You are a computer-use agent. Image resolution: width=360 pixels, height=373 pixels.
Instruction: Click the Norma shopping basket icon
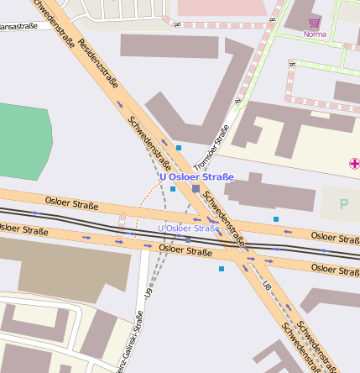point(315,23)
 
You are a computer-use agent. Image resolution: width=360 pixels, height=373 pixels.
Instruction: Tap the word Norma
point(315,34)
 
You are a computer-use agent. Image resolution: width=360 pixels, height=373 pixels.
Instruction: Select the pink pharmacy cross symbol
point(354,162)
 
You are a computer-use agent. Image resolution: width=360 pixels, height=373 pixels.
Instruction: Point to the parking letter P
point(343,204)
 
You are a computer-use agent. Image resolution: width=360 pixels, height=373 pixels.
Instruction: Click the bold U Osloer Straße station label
point(196,176)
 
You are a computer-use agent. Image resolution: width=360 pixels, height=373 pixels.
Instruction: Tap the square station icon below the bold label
point(196,190)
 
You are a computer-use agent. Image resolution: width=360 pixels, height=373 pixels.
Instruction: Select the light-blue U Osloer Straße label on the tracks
point(189,229)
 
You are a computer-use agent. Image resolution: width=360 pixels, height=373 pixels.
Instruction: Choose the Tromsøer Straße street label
point(211,144)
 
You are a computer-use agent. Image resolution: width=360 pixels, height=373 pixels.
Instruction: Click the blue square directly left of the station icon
point(173,189)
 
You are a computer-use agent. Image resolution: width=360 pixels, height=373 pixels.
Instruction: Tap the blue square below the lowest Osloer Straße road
point(222,269)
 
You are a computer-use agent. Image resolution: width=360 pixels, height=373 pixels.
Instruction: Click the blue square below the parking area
point(276,219)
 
